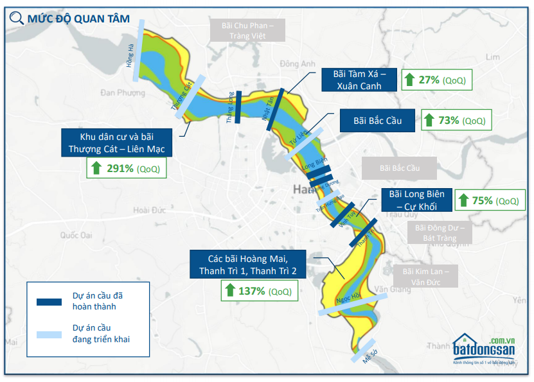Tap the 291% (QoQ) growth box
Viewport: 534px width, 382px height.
tap(125, 168)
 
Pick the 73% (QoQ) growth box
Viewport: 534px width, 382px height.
tap(457, 120)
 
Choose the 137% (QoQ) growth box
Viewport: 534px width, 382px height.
tap(259, 290)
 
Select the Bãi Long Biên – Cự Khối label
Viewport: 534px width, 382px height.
tap(416, 200)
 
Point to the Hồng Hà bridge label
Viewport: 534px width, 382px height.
tap(130, 57)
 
